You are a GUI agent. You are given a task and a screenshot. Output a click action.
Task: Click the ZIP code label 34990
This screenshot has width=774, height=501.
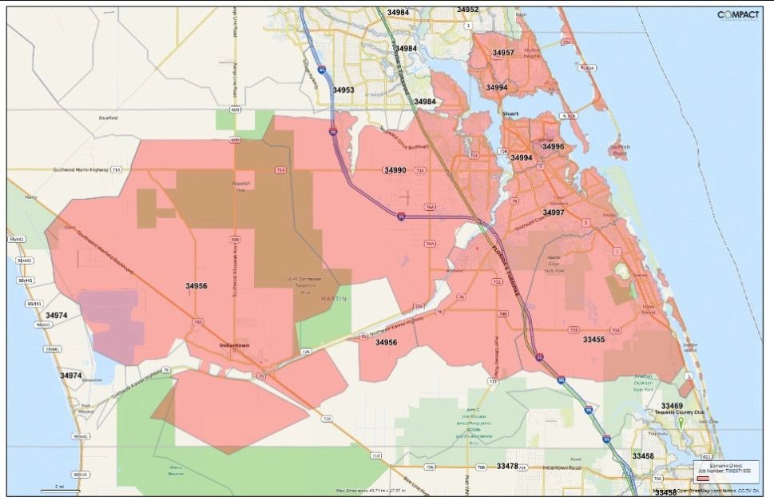[x=395, y=170]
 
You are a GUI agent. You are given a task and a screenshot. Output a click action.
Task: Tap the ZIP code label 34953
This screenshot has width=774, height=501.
[x=343, y=90]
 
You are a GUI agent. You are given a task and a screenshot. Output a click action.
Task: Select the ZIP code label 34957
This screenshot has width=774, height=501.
[x=503, y=53]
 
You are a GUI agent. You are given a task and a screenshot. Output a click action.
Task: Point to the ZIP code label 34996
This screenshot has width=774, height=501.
[x=553, y=146]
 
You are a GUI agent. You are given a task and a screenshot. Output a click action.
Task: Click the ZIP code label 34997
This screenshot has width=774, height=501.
[x=554, y=213]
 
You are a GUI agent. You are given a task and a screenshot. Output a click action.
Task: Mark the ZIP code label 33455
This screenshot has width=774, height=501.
[x=593, y=340]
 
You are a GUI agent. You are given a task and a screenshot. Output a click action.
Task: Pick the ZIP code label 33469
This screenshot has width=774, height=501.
[x=672, y=406]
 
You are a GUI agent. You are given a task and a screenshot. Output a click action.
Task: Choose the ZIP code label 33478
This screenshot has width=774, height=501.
[x=507, y=465]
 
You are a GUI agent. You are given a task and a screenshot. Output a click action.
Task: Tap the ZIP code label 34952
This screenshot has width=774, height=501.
[x=467, y=10]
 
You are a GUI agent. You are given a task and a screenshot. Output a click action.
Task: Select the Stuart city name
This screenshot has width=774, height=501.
[x=510, y=114]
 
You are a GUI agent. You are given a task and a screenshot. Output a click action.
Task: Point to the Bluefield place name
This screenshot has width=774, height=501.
[x=108, y=117]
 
